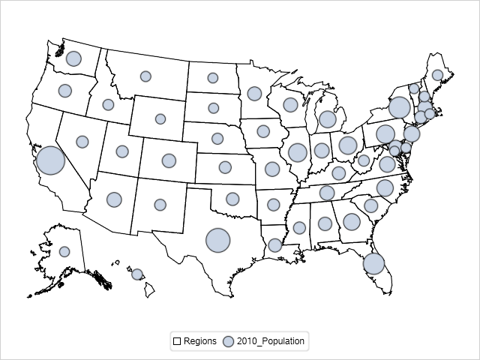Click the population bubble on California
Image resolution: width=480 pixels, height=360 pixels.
(50, 160)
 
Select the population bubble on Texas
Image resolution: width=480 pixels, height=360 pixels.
(217, 240)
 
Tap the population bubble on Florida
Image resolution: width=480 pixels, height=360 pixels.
(373, 263)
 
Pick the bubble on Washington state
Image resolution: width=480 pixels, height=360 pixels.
(73, 58)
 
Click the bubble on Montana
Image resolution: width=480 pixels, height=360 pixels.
(145, 76)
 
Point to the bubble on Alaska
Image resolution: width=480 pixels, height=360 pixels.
(64, 252)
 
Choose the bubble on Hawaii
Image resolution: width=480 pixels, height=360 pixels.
(137, 274)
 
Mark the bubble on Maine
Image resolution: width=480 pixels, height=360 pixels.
(437, 75)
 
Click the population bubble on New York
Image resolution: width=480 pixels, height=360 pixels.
(400, 107)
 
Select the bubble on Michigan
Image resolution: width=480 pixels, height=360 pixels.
(327, 118)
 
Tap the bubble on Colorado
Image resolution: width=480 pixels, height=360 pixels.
(169, 160)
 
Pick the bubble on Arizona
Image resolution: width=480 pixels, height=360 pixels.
(114, 199)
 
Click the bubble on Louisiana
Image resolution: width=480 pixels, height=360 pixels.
(274, 245)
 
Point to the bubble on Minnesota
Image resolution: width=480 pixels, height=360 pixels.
(254, 94)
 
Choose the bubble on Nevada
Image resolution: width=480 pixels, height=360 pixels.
(82, 142)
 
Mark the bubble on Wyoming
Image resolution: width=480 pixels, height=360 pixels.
(160, 118)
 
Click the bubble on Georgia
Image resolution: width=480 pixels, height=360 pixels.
(351, 221)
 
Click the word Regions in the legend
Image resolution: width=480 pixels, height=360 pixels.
(200, 341)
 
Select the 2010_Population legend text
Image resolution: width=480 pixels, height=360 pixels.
(271, 341)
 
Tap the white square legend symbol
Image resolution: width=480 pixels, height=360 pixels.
(177, 341)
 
